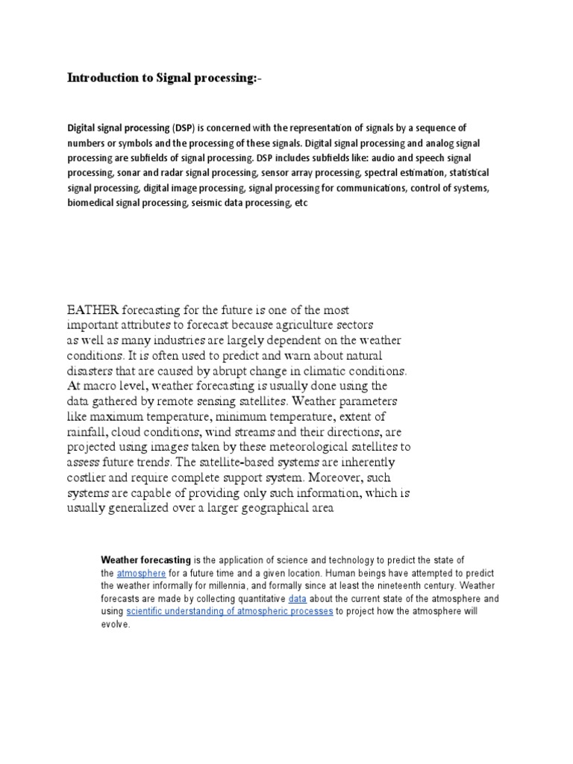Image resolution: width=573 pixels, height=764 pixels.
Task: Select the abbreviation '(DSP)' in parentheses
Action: (187, 128)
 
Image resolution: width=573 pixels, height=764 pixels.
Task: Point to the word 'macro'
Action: (102, 386)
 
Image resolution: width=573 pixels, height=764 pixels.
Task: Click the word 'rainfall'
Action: (90, 431)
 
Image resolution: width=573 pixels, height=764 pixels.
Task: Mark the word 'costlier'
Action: (90, 477)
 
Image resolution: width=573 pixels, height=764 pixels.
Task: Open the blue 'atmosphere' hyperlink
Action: (141, 573)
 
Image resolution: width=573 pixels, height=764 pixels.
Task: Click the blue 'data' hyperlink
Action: (297, 598)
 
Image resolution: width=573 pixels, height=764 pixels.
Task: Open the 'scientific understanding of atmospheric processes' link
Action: (229, 612)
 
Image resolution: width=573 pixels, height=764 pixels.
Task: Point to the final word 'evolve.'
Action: (116, 624)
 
